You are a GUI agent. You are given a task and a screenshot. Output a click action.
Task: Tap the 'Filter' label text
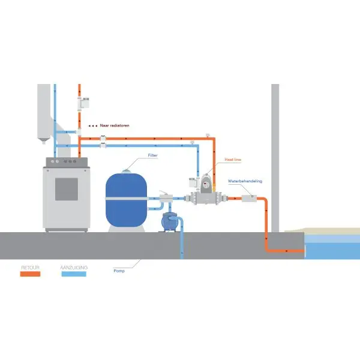coord(153,155)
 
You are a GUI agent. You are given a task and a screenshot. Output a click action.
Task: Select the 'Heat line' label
coord(233,160)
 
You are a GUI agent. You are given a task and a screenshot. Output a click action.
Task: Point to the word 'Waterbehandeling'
coord(245,181)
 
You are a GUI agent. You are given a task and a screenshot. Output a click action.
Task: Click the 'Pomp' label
coord(119,271)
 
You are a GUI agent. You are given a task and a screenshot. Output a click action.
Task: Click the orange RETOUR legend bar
coord(30,274)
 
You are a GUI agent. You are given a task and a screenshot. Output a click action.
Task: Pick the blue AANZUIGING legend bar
coord(74,274)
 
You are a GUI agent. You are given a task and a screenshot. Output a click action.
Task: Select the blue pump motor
coord(172,221)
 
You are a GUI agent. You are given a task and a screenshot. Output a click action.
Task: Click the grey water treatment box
coord(249,198)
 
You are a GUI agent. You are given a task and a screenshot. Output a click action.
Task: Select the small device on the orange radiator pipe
coord(84,103)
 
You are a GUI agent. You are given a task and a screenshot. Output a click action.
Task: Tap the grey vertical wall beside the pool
coord(275,156)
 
